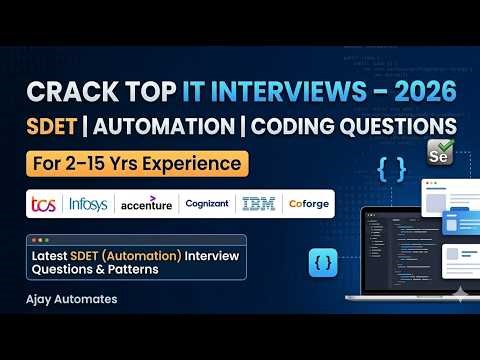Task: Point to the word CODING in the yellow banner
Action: tap(301, 127)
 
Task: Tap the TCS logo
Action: tap(43, 203)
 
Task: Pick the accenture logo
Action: tap(146, 204)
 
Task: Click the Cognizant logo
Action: tap(207, 203)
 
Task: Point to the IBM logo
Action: tap(258, 203)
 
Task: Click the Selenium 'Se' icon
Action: tap(437, 155)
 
